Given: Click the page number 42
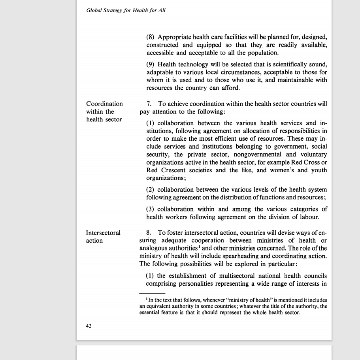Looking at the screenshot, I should pyautogui.click(x=89, y=326).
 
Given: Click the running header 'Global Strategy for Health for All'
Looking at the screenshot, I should pyautogui.click(x=126, y=11).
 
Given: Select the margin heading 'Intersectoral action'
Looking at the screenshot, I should pyautogui.click(x=103, y=236).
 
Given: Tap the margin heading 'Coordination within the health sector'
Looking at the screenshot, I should pyautogui.click(x=104, y=111).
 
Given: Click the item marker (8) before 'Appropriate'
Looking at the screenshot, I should pyautogui.click(x=151, y=37).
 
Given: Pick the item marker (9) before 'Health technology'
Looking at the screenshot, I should pyautogui.click(x=151, y=64).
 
